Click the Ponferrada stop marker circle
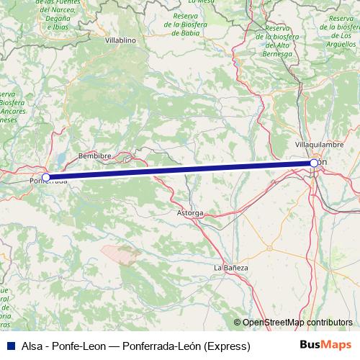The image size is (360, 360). (46, 176)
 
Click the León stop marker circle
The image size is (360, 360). (315, 163)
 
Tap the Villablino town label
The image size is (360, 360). (120, 41)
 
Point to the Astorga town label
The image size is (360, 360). (190, 213)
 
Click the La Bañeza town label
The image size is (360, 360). (230, 268)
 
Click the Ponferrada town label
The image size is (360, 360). (49, 181)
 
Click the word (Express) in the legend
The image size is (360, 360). (227, 346)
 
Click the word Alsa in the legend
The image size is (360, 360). (33, 346)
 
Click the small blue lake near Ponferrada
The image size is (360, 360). (64, 157)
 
